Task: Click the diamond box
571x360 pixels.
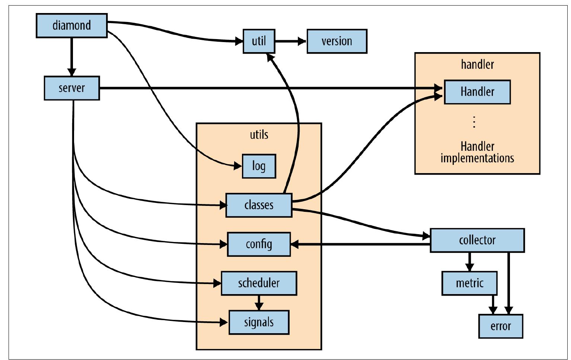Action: point(71,25)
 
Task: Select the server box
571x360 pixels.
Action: point(71,88)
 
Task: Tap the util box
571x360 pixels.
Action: point(259,41)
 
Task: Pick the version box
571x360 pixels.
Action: point(336,41)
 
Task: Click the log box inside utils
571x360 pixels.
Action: point(259,166)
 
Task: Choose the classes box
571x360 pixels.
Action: point(259,205)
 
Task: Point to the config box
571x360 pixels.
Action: point(259,244)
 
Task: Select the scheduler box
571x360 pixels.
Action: point(259,283)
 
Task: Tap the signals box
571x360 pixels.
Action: point(259,322)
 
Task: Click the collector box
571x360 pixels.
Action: point(477,240)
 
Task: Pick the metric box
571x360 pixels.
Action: point(469,283)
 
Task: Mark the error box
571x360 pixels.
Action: point(500,326)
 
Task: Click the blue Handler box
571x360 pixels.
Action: point(477,92)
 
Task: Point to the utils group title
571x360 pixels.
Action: point(259,134)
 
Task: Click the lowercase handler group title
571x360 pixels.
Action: point(477,64)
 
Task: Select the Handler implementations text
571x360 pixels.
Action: point(477,152)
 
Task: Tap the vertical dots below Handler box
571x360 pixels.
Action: point(474,122)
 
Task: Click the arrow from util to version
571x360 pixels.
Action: point(291,41)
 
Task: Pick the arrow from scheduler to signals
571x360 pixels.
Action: point(259,303)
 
